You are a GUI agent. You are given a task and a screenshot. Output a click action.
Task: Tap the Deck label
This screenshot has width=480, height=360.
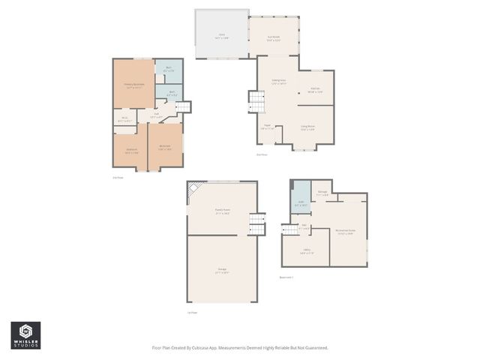pos(221,34)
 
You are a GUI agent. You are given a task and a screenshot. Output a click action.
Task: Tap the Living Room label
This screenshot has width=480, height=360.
pos(307,128)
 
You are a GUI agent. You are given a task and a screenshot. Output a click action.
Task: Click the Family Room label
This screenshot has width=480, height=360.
pos(222,212)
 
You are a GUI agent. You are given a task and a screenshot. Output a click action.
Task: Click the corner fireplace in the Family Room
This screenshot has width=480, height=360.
pos(194,189)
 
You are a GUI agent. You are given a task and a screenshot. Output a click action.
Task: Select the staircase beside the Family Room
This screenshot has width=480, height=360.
pos(257,223)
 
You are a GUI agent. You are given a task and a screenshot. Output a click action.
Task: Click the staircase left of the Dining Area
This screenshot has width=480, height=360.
pos(255,101)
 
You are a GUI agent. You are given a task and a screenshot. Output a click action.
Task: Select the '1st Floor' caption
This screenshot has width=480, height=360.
pos(192,312)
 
